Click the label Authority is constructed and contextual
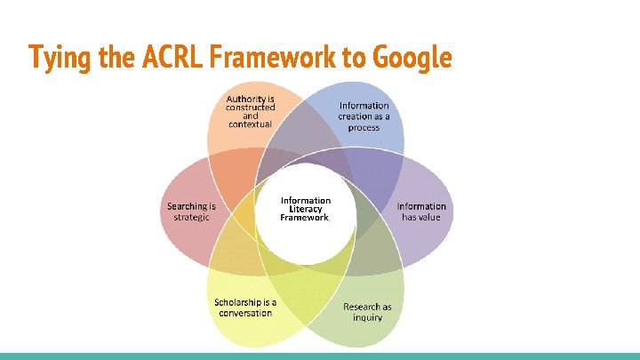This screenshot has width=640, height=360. [x=250, y=111]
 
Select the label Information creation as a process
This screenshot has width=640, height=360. [x=364, y=116]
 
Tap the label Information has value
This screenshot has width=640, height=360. [x=421, y=212]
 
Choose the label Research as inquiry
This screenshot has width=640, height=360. [x=367, y=312]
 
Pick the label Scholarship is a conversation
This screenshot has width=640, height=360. [x=244, y=308]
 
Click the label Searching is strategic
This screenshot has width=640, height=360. [x=191, y=212]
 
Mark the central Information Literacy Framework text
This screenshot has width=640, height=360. [x=305, y=209]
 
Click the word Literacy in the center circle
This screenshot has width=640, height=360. [x=305, y=209]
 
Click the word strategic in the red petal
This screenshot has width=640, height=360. [x=191, y=217]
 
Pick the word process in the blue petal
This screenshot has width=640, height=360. [x=364, y=127]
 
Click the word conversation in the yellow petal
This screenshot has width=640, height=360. [x=244, y=313]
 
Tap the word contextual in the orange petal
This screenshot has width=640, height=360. [x=250, y=124]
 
